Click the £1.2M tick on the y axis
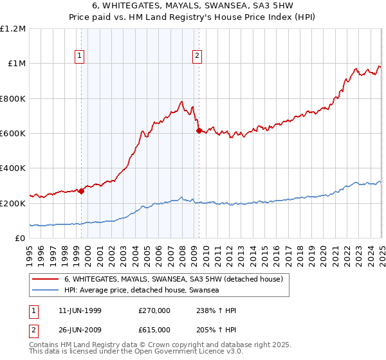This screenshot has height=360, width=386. pos(14,29)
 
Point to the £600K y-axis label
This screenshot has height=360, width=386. pos(14,134)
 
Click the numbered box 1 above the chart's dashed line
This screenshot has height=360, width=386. pos(79,56)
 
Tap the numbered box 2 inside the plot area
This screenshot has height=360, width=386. pos(196,56)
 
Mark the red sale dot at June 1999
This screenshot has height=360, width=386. pos(82,191)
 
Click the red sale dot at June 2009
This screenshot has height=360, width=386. pos(199,130)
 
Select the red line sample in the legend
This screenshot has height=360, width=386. pos(46,280)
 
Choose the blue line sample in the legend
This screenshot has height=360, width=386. pos(46,290)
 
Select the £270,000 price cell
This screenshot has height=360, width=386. pos(154,310)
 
